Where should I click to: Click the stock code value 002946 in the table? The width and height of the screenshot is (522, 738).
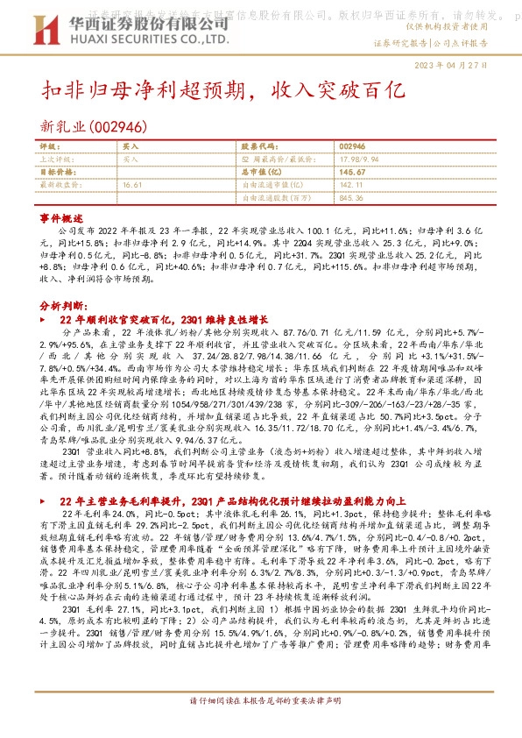click(351, 145)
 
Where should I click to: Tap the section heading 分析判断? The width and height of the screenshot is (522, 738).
click(63, 306)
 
